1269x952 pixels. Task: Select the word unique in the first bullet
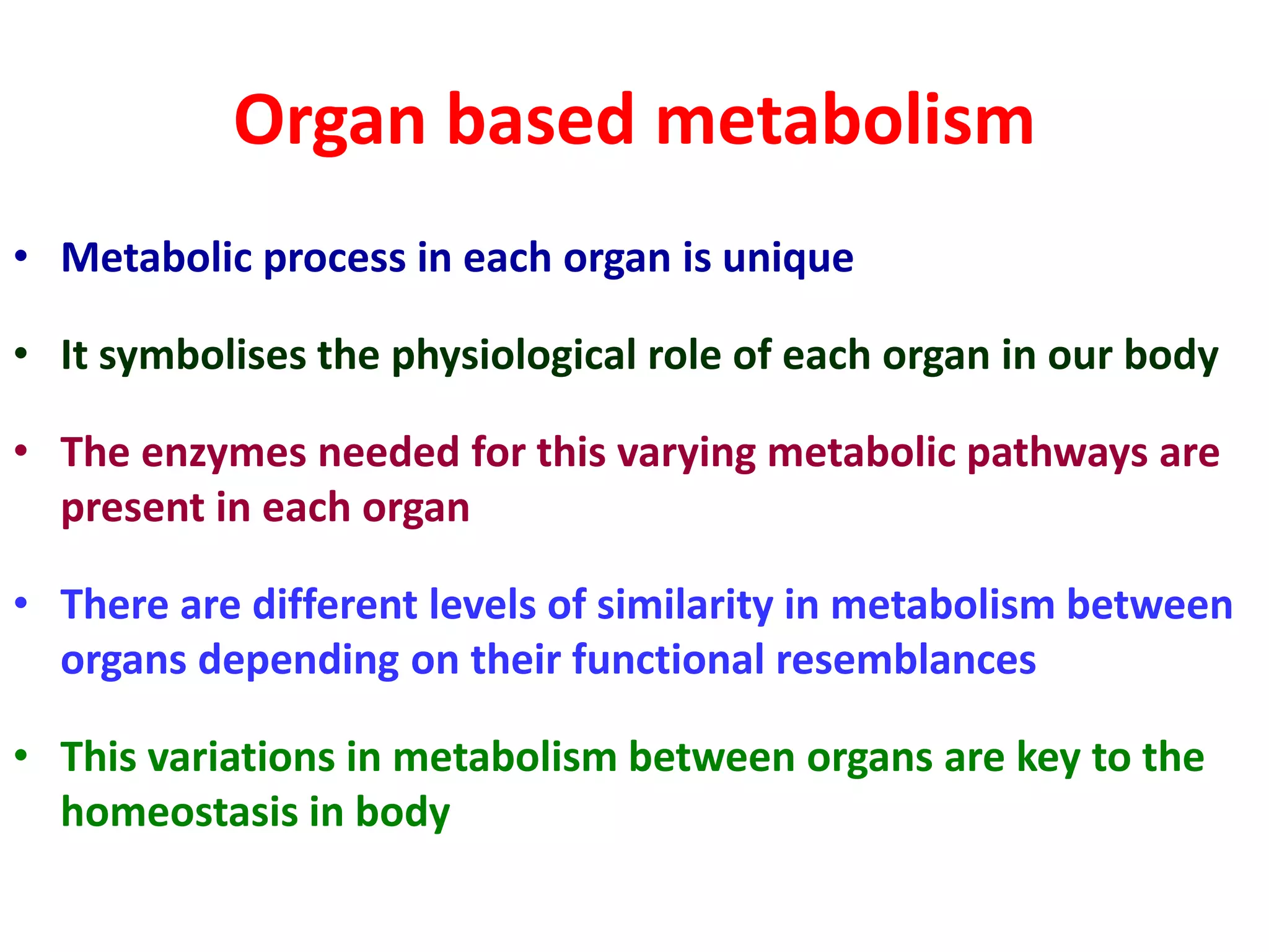click(788, 258)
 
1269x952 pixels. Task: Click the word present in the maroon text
click(133, 509)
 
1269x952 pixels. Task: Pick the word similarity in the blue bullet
click(685, 605)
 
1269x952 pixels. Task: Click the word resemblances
click(905, 659)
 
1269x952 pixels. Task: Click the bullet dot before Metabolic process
click(22, 256)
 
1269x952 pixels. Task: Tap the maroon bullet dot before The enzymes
click(22, 451)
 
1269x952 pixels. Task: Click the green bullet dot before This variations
click(22, 756)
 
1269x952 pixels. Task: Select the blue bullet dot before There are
click(22, 603)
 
